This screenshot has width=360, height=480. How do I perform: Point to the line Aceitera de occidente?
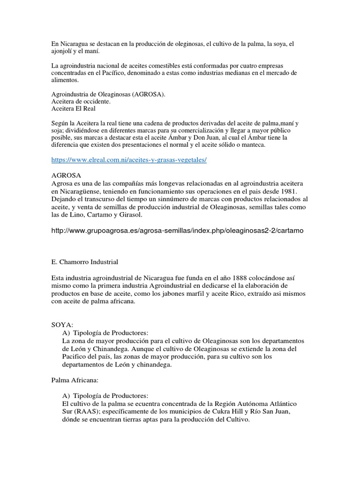pyautogui.click(x=81, y=101)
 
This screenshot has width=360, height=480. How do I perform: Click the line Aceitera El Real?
pyautogui.click(x=73, y=108)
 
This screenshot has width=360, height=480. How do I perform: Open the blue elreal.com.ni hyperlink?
pyautogui.click(x=128, y=160)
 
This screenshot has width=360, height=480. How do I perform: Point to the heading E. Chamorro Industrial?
pyautogui.click(x=84, y=262)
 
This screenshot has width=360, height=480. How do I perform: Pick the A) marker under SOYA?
pyautogui.click(x=66, y=332)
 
